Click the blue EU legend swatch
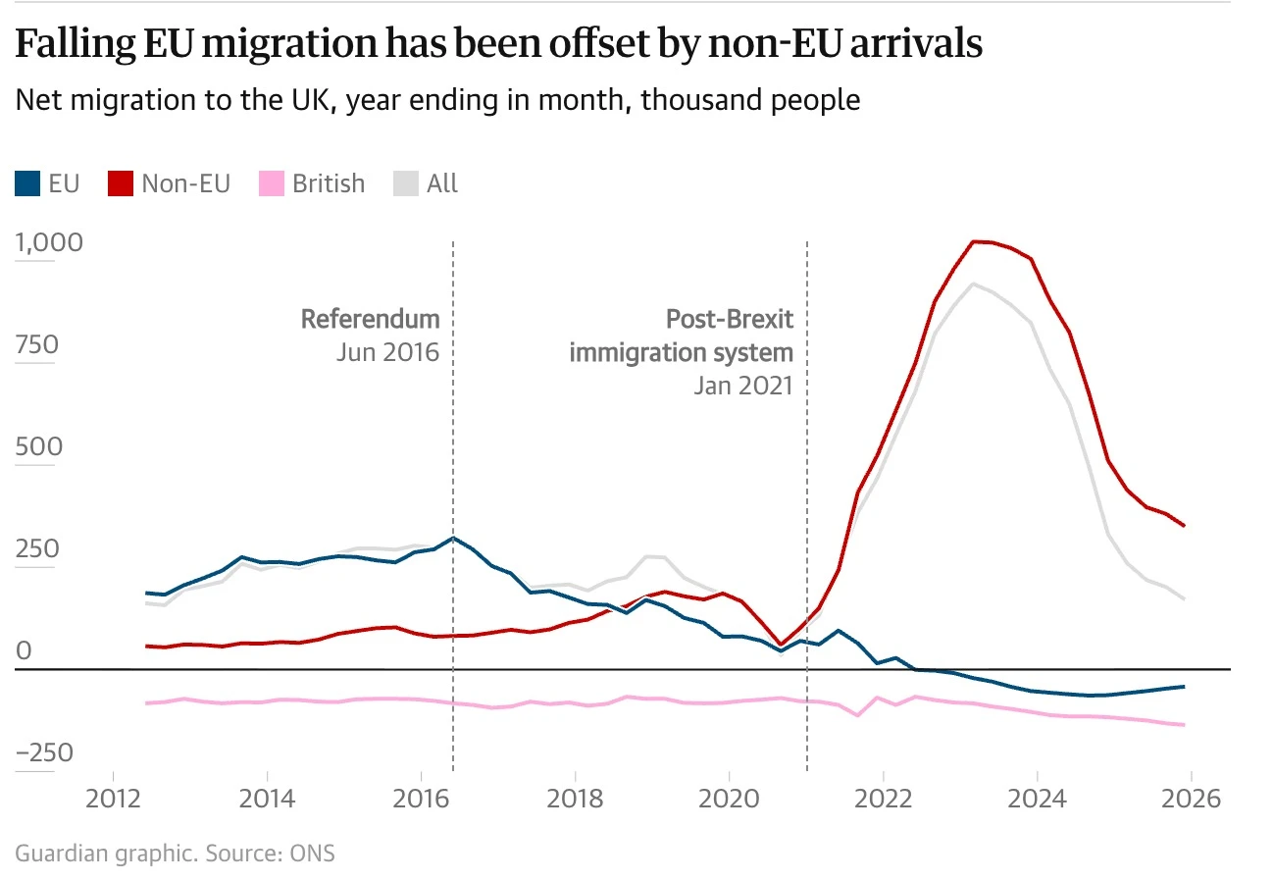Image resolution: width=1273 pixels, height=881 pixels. (x=27, y=183)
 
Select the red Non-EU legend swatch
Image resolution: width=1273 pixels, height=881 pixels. (x=121, y=183)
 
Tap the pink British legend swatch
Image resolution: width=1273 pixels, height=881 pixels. (x=271, y=183)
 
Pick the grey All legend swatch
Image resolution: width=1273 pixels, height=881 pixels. (x=406, y=183)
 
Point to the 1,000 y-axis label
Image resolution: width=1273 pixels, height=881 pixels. (x=49, y=242)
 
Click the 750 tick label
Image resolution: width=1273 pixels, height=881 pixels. (x=37, y=344)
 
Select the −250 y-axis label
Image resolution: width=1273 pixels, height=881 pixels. (x=44, y=752)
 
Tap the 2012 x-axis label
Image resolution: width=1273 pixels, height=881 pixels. (x=113, y=799)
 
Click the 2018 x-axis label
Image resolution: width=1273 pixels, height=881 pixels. (x=575, y=799)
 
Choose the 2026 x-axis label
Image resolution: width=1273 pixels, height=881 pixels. (x=1192, y=799)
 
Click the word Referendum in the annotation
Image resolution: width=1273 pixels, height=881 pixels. (x=371, y=319)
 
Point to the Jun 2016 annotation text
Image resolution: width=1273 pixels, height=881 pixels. (x=388, y=352)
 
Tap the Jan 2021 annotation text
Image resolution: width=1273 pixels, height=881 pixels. (x=743, y=386)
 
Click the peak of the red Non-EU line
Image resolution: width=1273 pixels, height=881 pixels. (x=974, y=241)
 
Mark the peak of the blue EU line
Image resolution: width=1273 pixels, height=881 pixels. (x=453, y=538)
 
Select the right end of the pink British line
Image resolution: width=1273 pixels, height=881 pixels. (x=1185, y=725)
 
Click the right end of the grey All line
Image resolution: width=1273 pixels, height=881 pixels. (x=1185, y=599)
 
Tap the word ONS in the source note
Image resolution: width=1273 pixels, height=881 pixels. (x=313, y=854)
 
